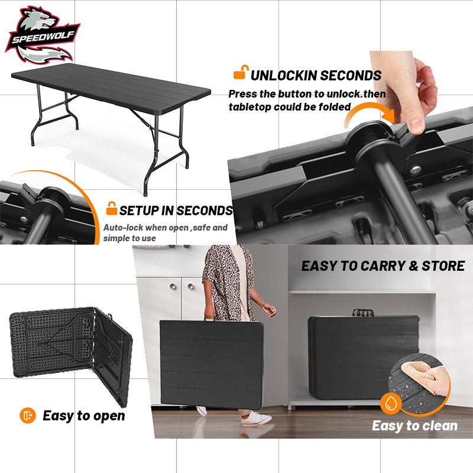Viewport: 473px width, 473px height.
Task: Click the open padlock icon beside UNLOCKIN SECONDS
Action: pos(240,73)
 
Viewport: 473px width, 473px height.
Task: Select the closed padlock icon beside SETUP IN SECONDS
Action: pos(111,209)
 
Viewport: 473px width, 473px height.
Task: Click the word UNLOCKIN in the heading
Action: pos(283,76)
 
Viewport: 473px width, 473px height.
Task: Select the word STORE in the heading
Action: pos(443,266)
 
